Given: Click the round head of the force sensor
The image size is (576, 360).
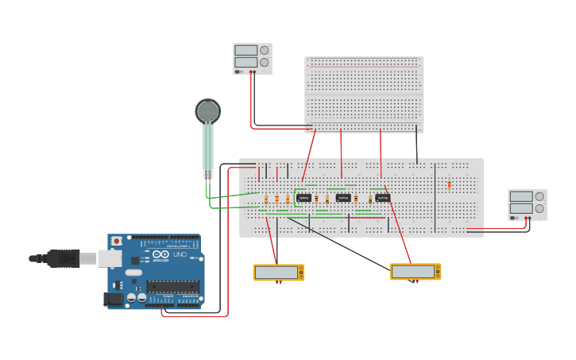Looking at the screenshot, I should [207, 110].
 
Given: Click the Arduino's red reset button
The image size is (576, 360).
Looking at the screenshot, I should [117, 241].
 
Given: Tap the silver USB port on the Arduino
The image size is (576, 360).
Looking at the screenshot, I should [110, 258].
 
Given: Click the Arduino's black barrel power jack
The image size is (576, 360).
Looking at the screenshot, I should [114, 299].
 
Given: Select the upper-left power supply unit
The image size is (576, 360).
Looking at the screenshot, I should [252, 59].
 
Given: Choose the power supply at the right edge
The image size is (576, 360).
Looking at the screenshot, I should [528, 204].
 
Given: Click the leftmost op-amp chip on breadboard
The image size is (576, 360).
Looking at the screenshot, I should [303, 198].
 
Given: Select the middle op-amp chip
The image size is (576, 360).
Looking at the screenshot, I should [343, 198].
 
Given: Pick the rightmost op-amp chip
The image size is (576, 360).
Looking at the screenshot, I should [383, 198].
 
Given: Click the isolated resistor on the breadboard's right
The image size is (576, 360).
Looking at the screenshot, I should [449, 185].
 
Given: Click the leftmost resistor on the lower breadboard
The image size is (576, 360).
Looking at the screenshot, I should [266, 199].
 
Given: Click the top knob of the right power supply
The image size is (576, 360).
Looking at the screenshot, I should [539, 196].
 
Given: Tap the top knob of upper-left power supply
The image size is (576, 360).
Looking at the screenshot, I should [264, 50].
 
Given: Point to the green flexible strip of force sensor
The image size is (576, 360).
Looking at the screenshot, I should [207, 147].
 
